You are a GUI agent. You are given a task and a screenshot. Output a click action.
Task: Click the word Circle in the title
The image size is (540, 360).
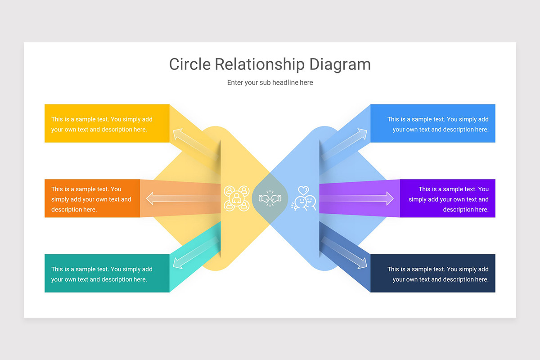[190, 64]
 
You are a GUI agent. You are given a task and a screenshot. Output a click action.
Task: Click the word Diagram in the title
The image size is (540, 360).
[340, 64]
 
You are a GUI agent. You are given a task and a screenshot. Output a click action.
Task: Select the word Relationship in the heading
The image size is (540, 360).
[260, 64]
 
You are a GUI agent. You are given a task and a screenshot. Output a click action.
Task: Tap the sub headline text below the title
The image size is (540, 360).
[270, 83]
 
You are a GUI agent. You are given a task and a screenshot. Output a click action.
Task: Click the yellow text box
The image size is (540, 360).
[107, 124]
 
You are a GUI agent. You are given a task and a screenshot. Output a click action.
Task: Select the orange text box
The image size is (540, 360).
[92, 198]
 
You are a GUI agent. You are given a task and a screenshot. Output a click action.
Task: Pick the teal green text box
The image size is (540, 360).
[107, 274]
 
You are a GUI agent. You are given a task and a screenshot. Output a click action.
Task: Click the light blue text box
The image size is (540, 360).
[433, 124]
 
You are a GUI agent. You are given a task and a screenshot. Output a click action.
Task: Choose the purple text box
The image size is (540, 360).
[448, 198]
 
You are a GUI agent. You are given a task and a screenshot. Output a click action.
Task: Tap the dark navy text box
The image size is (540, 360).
[433, 274]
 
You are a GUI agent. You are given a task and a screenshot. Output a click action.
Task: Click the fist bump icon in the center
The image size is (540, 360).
[270, 198]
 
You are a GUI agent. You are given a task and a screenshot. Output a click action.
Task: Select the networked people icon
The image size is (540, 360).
[237, 198]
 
